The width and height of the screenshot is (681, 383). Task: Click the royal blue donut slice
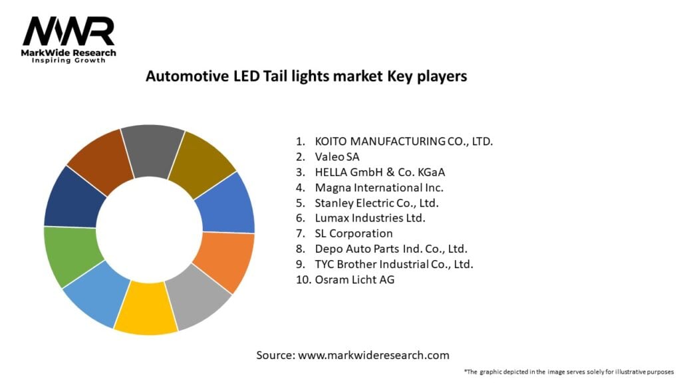click(x=225, y=202)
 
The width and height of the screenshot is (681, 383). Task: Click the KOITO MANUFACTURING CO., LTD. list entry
click(x=404, y=141)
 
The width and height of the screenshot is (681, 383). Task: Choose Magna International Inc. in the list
click(x=378, y=188)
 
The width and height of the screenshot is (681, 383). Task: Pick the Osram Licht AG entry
click(x=354, y=280)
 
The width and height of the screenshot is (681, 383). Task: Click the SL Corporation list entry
click(x=353, y=233)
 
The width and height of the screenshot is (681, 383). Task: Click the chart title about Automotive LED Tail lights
click(x=307, y=76)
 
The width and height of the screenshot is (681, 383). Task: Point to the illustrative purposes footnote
click(x=569, y=371)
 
